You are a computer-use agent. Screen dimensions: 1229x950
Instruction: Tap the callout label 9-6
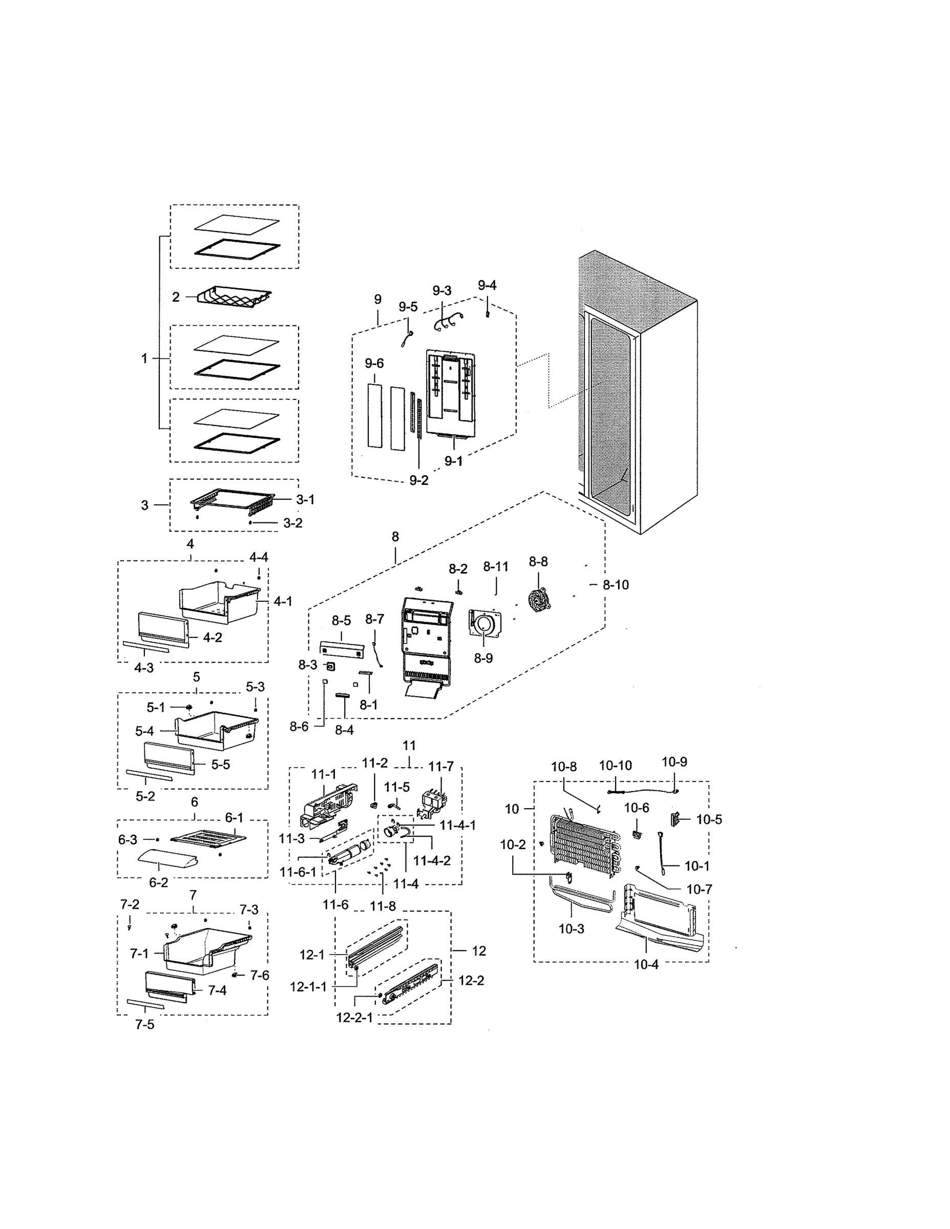point(374,364)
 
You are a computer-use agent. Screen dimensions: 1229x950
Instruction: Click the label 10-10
point(615,766)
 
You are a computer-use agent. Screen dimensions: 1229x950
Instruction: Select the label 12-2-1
point(354,1018)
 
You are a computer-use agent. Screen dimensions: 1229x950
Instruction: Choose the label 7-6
point(260,975)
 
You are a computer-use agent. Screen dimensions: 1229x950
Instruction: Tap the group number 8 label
point(395,537)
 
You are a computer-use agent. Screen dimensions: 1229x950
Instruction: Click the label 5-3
point(255,687)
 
